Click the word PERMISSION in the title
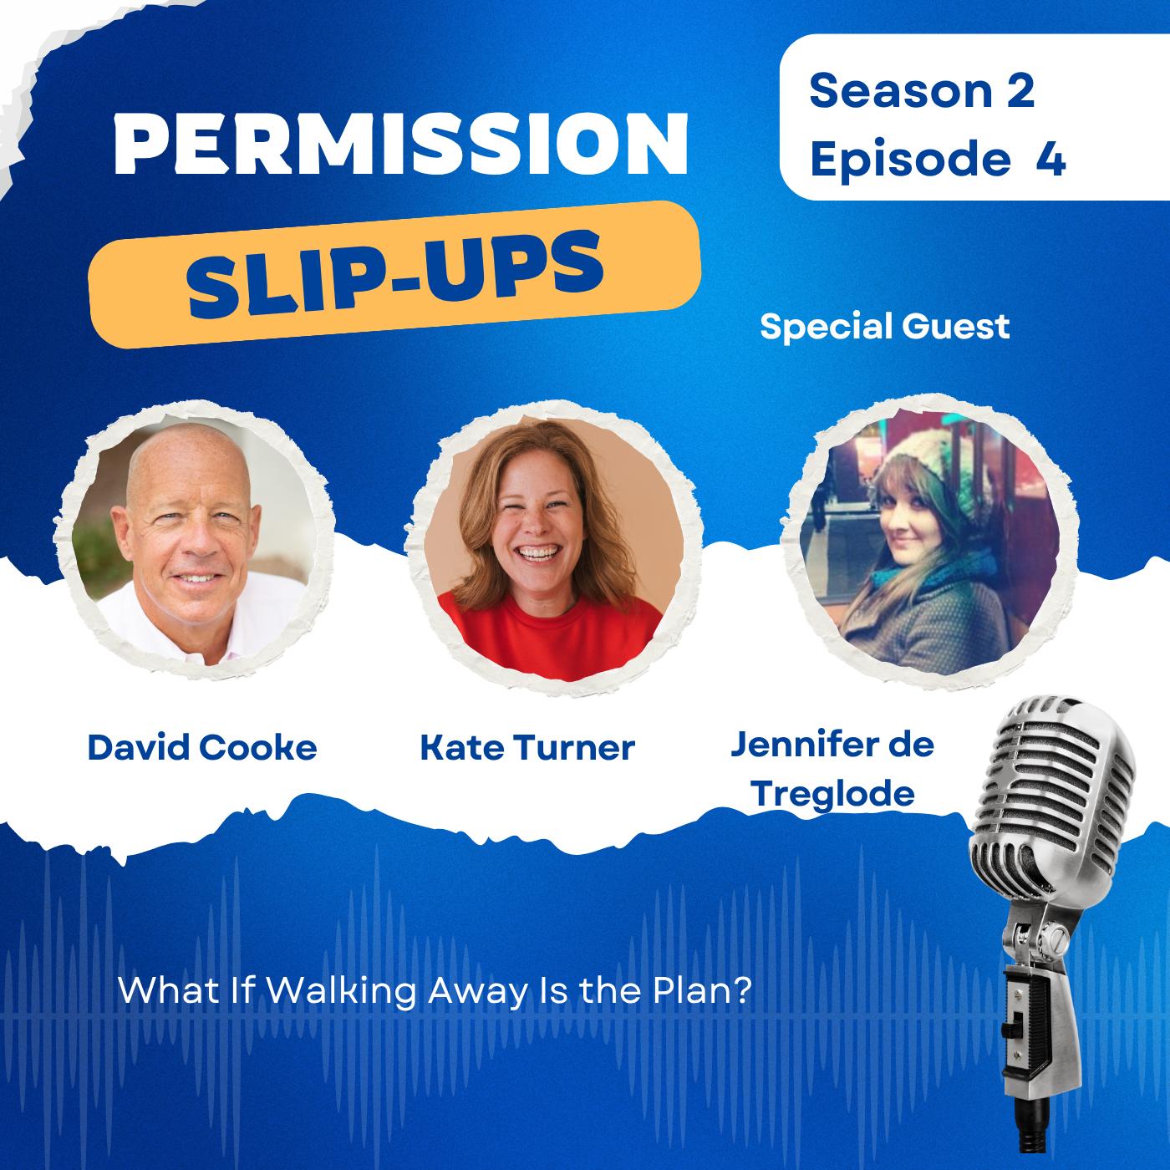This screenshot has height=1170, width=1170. tap(401, 144)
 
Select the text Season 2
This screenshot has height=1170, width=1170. tap(922, 91)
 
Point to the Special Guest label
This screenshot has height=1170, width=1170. tap(885, 327)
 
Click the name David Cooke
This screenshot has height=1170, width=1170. tap(202, 747)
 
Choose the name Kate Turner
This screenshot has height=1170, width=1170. tap(527, 747)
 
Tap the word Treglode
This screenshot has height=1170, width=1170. tap(832, 794)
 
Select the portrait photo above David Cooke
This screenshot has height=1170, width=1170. tap(194, 541)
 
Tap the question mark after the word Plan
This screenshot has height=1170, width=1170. tap(744, 990)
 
